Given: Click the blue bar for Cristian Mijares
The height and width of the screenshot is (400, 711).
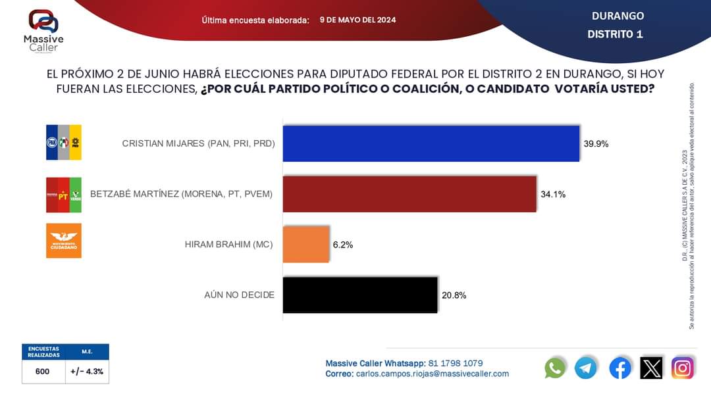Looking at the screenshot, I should point(431,143).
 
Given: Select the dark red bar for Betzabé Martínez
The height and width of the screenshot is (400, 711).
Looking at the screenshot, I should point(409,194).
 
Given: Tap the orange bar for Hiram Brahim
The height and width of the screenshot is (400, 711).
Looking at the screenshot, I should point(306,244).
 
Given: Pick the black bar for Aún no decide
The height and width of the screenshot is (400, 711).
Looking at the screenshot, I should point(360,295).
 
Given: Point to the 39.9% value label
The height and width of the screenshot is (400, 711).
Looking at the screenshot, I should point(596,143).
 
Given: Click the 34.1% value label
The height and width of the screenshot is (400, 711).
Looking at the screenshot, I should point(553,194).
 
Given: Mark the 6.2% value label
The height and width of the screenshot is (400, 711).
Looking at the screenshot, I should point(343,245).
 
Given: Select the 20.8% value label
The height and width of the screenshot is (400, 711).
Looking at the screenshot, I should point(454,295).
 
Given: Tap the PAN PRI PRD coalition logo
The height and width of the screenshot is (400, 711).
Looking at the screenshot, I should point(64,143).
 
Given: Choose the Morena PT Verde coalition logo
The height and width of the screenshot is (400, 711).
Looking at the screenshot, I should point(64,194).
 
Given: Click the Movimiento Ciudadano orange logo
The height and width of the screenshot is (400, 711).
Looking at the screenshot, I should point(64,241).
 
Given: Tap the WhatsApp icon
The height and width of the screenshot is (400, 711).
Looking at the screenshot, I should point(555,368).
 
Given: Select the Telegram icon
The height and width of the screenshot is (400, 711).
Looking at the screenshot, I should point(586,368).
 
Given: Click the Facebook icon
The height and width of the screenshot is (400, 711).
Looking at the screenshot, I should point(619,368).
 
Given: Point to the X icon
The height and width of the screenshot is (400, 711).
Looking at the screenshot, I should point(651,368).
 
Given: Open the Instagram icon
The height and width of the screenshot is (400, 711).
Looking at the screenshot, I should point(683,368).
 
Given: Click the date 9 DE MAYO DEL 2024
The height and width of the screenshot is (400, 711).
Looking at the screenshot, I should point(357,20).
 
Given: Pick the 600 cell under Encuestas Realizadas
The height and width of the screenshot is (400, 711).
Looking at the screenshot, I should point(43,372).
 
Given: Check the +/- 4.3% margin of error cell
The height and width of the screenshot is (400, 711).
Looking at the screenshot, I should point(87,372).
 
